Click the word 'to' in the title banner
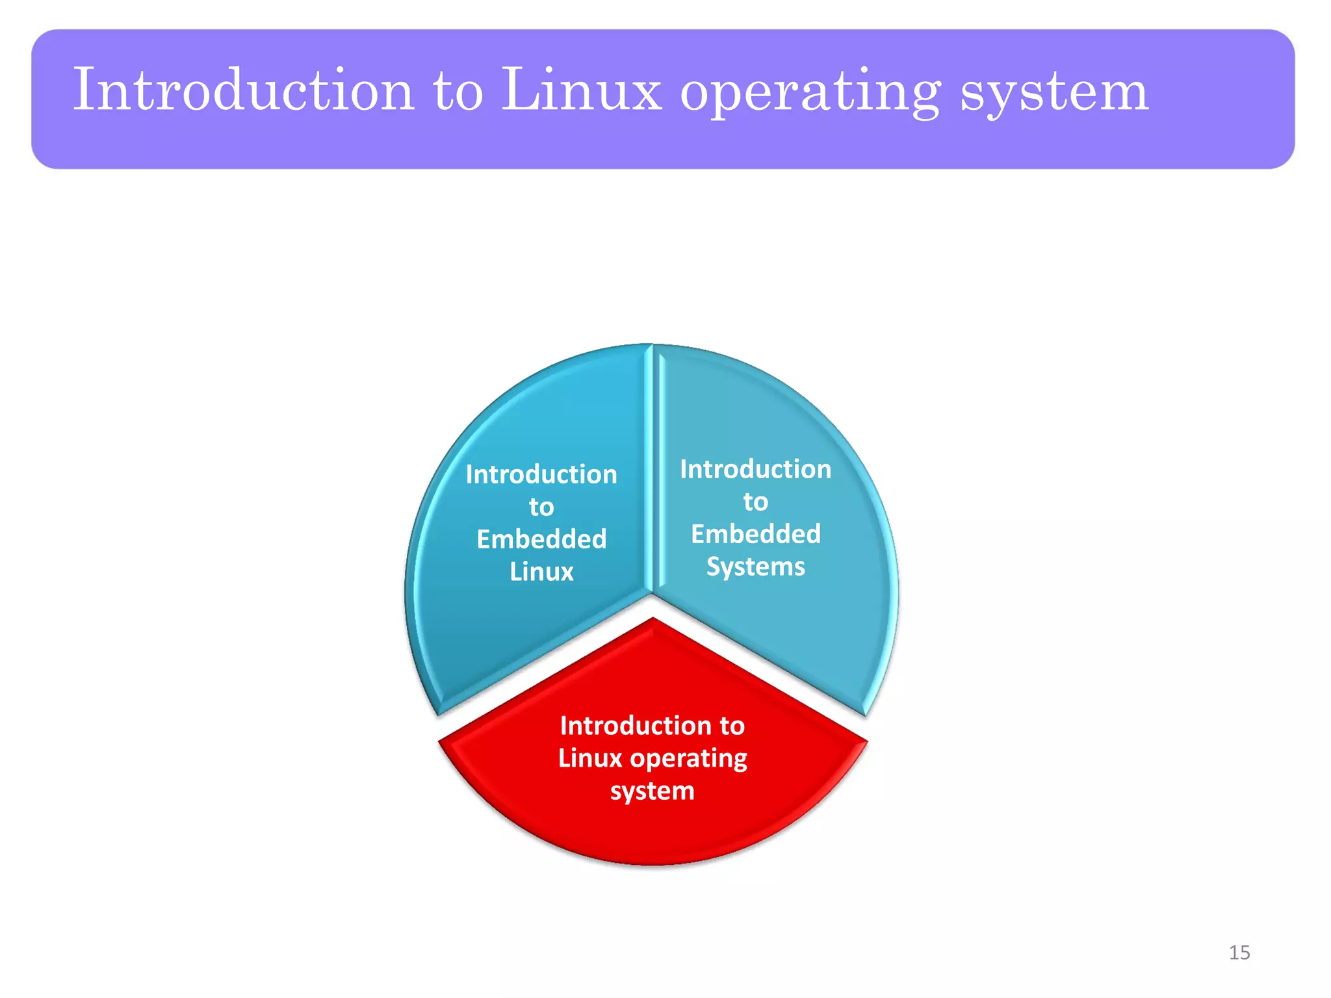458,91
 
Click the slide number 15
1239,953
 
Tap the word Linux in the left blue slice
541,572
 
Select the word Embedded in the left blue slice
541,539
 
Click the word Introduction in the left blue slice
541,474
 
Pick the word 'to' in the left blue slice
541,507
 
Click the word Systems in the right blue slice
756,567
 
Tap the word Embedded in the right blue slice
756,534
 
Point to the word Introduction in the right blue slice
756,469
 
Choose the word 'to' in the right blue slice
756,502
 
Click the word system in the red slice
653,791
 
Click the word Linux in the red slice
589,758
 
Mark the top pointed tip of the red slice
653,620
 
